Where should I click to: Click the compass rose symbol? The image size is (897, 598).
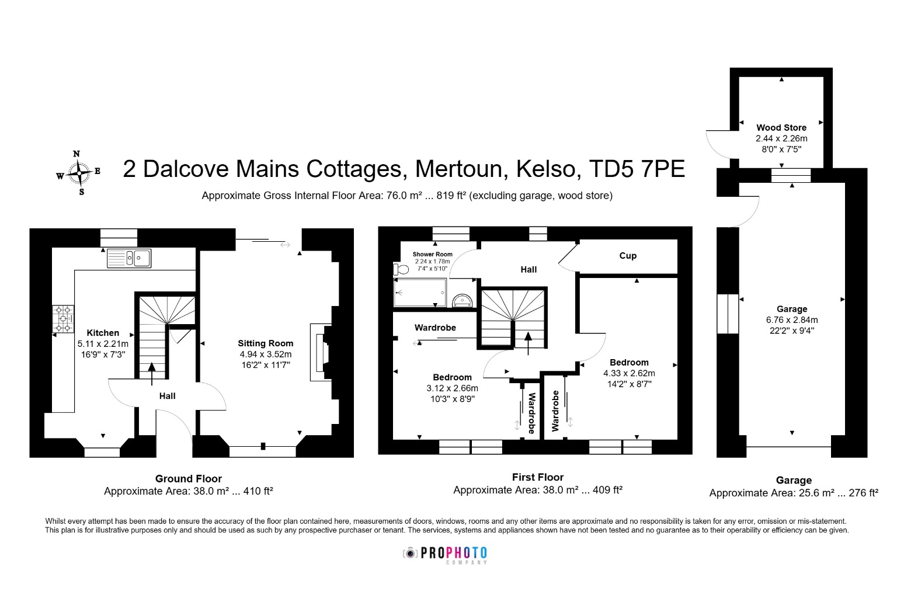point(79,173)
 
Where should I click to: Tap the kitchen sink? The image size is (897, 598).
point(129,258)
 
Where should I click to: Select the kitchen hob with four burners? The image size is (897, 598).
point(63,319)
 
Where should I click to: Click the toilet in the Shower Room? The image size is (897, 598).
point(401,269)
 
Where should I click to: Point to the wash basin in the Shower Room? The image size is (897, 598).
point(462,300)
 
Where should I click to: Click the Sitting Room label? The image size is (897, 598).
point(266,343)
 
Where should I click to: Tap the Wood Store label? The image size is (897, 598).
point(781,128)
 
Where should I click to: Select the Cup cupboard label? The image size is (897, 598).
point(628,256)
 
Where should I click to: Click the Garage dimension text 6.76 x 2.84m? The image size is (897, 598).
point(792,320)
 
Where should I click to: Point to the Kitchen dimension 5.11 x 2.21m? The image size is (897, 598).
point(103,343)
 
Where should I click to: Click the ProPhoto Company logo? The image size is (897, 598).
point(445,555)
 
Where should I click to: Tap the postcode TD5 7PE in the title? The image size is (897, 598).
point(637,169)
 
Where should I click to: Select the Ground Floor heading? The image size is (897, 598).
point(188,479)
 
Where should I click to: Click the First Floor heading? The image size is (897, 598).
point(538,477)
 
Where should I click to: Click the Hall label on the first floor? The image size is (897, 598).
point(529,270)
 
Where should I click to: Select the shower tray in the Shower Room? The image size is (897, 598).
point(420,293)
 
